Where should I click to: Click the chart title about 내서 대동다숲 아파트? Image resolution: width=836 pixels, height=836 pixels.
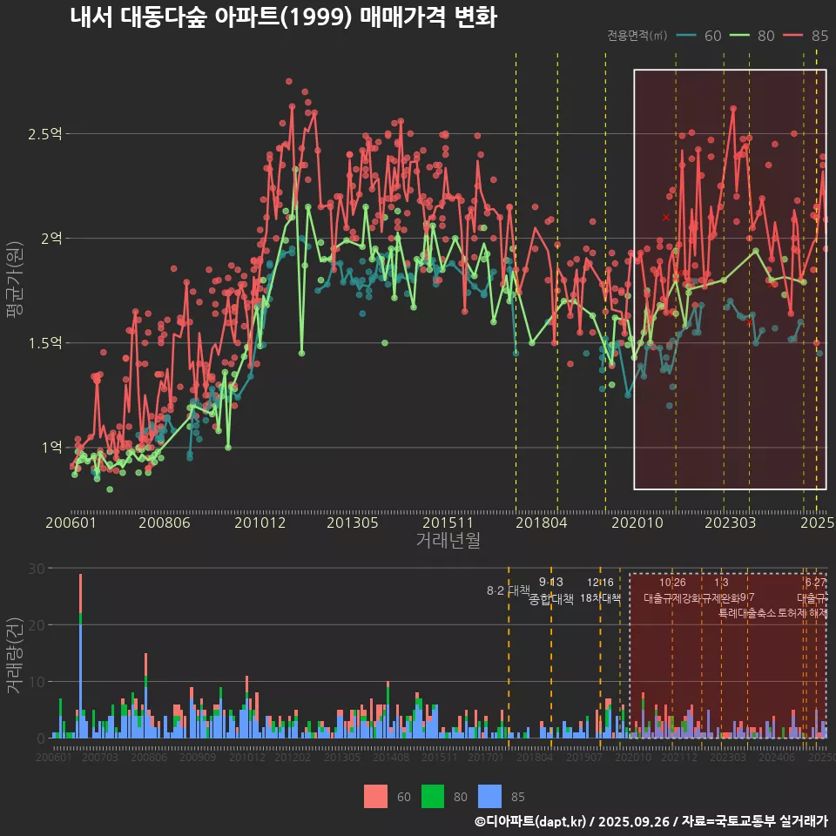[283, 17]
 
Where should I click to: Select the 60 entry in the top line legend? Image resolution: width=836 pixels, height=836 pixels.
[701, 36]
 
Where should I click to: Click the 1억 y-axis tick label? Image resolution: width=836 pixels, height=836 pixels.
[51, 448]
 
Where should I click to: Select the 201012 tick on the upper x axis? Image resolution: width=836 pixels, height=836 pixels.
[258, 522]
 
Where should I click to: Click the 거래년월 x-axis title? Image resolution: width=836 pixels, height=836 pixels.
[448, 541]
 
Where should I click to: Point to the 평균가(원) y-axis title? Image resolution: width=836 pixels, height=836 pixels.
[15, 287]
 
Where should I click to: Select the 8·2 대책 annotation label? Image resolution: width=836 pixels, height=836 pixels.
[508, 590]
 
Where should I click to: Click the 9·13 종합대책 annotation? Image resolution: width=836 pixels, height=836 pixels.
[551, 591]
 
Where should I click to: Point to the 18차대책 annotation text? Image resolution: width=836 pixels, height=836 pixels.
[600, 598]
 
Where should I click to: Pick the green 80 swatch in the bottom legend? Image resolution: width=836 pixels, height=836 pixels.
[433, 796]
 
